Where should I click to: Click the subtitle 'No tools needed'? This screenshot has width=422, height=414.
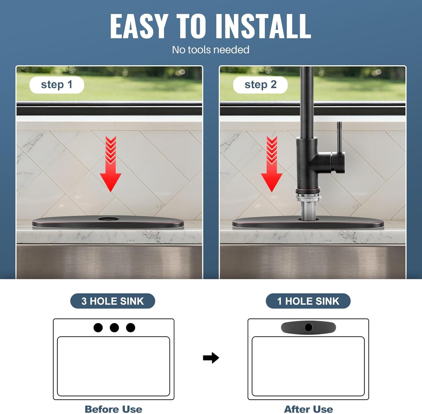coord(211,50)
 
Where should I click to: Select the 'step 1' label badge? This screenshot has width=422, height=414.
coord(57,85)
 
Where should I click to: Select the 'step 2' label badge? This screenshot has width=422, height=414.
coord(260,85)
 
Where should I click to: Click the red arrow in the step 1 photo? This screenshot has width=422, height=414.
coord(111,164)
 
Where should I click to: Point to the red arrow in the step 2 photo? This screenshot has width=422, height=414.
coord(271,164)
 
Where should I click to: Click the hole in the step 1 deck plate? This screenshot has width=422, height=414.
coord(109,219)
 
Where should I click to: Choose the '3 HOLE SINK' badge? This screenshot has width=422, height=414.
coord(113,301)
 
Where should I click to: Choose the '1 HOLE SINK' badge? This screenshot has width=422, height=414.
coord(308,301)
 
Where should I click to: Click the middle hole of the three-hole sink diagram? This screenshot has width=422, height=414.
coord(114,328)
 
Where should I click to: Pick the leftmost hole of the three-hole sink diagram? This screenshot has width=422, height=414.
coord(98,328)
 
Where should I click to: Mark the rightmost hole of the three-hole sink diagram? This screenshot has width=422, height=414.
coord(131,328)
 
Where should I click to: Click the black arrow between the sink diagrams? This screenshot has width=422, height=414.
coord(211,358)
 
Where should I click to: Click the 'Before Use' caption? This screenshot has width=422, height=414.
coord(113,409)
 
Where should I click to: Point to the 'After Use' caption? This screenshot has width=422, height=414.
coord(309,409)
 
